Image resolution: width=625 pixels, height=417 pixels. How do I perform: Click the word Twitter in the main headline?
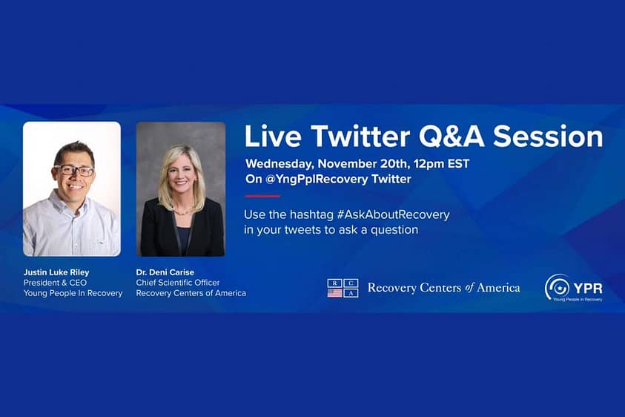tap(360, 137)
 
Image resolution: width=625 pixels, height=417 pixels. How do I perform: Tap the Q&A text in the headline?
tap(452, 137)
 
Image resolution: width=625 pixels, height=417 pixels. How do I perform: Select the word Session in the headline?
tap(548, 137)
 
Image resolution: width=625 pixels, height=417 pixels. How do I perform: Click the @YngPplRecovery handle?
tap(317, 180)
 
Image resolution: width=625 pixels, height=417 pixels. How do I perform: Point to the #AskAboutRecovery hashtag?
tap(394, 214)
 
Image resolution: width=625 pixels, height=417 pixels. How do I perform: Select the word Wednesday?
tap(279, 164)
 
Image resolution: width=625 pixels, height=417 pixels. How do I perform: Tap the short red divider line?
tap(262, 197)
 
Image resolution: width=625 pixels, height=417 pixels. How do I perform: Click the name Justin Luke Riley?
tap(56, 272)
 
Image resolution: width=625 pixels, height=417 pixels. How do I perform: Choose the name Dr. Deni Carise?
tap(165, 272)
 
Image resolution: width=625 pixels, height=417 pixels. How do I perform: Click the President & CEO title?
tap(55, 283)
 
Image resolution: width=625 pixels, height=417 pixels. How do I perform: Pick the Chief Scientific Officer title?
tap(178, 283)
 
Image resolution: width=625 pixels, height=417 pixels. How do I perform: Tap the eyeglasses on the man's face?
tap(75, 171)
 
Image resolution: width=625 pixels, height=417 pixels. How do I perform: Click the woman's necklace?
tap(182, 211)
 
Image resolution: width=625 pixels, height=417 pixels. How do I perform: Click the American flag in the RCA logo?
tap(334, 293)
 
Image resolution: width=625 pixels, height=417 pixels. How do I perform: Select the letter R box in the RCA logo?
tap(335, 283)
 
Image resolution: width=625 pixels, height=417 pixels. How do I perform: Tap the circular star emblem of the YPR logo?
tap(558, 286)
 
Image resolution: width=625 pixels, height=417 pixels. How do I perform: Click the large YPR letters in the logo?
tap(589, 288)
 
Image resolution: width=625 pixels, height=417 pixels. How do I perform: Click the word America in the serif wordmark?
tap(498, 288)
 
